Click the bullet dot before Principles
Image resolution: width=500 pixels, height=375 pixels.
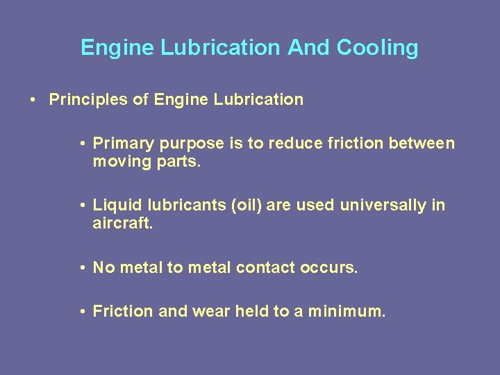[33, 100]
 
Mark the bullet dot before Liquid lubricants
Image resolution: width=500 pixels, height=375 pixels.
[82, 206]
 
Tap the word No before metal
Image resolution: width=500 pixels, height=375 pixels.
[104, 267]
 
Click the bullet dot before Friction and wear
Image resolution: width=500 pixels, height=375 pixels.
[82, 312]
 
